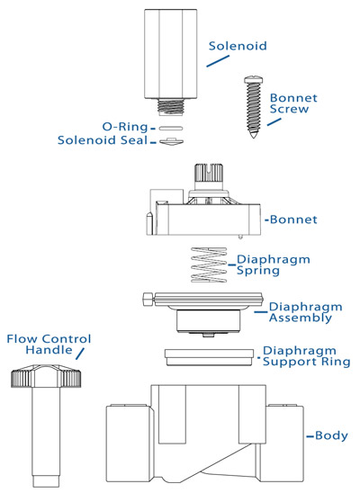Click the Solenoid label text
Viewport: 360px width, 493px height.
pyautogui.click(x=238, y=45)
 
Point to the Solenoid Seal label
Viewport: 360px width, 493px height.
pyautogui.click(x=107, y=141)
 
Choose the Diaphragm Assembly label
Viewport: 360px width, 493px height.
pyautogui.click(x=296, y=311)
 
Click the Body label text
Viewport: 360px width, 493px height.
pyautogui.click(x=330, y=436)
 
